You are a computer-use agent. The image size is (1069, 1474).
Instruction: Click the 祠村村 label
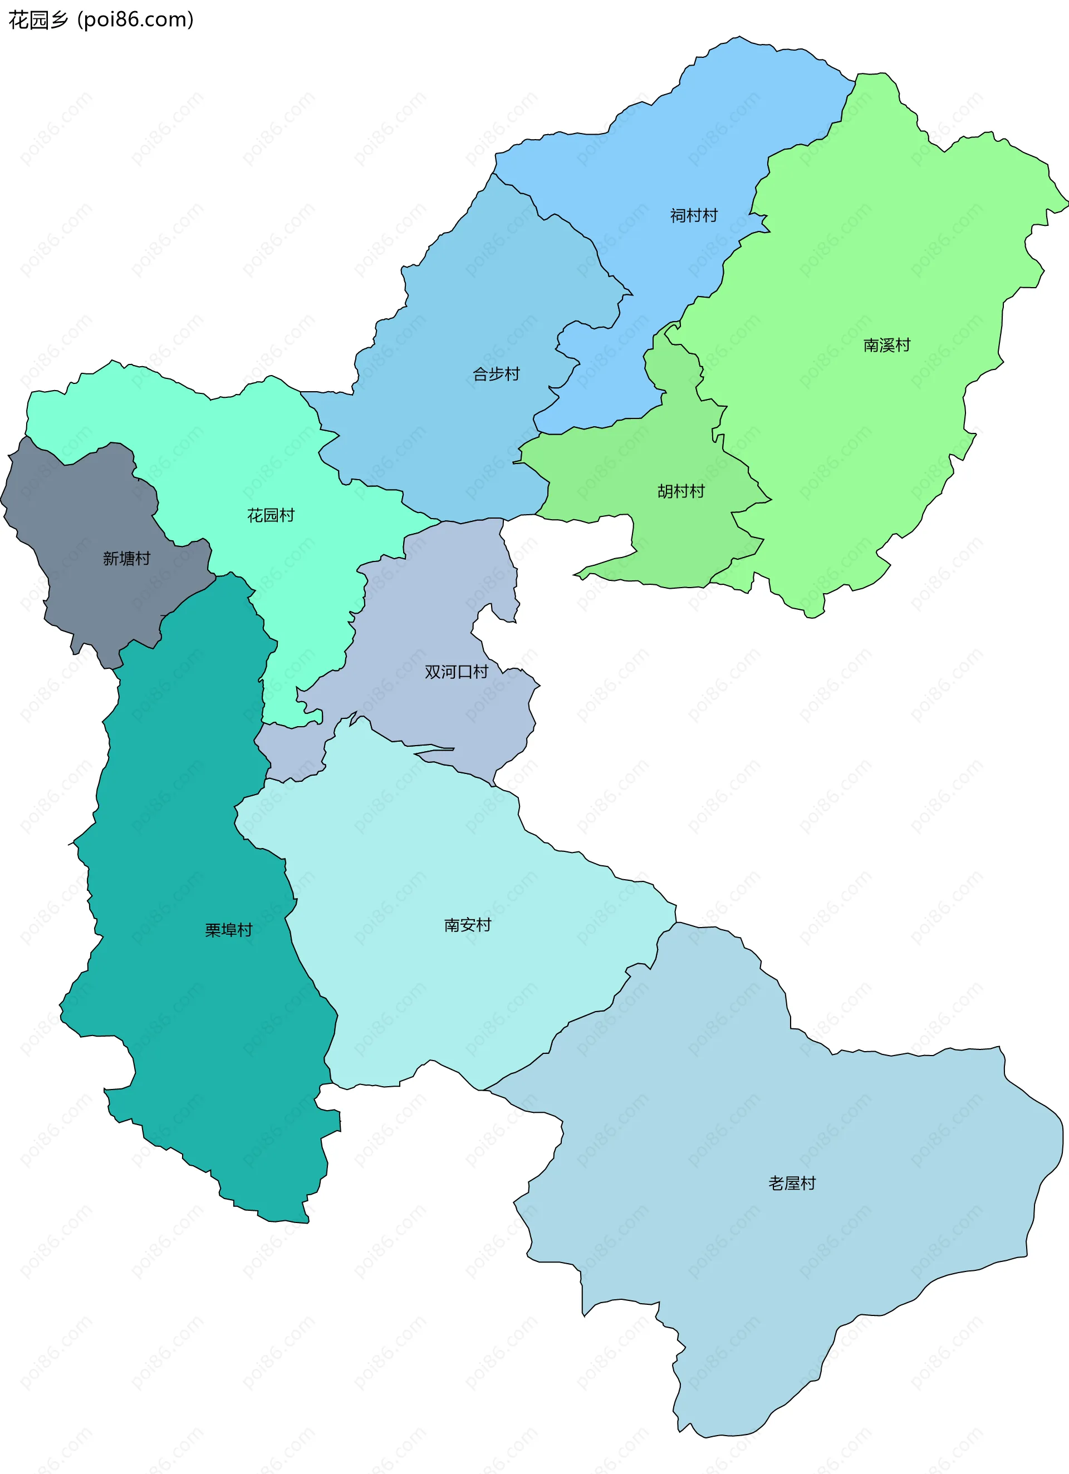694,215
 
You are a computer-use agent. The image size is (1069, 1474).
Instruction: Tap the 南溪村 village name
886,345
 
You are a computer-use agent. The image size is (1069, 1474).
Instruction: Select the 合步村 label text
496,374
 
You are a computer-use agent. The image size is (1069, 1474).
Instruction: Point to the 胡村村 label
681,491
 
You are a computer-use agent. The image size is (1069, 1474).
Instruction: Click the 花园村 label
271,515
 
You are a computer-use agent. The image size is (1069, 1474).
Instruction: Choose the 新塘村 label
126,558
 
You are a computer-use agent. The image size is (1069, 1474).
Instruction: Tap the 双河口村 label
456,672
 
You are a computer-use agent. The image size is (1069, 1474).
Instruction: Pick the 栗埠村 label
228,930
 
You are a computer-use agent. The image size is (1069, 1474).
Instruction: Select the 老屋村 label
791,1183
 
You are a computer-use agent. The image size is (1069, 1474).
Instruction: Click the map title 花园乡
38,20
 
